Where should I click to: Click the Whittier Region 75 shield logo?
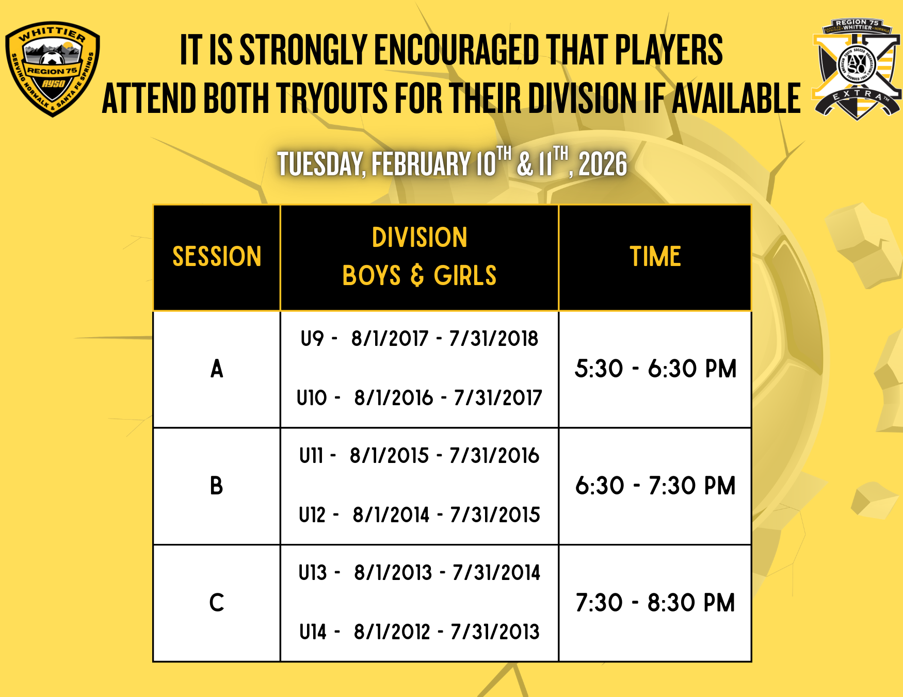[52, 69]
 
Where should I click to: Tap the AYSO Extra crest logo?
[857, 69]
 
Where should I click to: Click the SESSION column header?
[217, 257]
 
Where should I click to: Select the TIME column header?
[655, 257]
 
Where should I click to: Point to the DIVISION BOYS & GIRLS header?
[420, 257]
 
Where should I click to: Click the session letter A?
[217, 369]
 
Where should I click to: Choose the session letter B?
[217, 486]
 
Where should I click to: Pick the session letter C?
[217, 603]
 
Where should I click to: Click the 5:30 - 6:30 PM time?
[655, 369]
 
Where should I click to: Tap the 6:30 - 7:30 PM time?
[655, 486]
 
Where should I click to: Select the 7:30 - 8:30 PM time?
[655, 603]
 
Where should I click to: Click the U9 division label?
[312, 339]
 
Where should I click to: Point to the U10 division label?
[312, 398]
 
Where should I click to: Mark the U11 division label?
[311, 456]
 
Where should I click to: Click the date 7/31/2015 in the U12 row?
[495, 515]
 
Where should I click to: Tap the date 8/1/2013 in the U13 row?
[393, 573]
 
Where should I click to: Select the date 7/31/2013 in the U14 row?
[495, 632]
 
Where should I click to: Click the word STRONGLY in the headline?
[304, 50]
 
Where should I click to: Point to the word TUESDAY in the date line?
[321, 164]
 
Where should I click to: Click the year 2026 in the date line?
[603, 164]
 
